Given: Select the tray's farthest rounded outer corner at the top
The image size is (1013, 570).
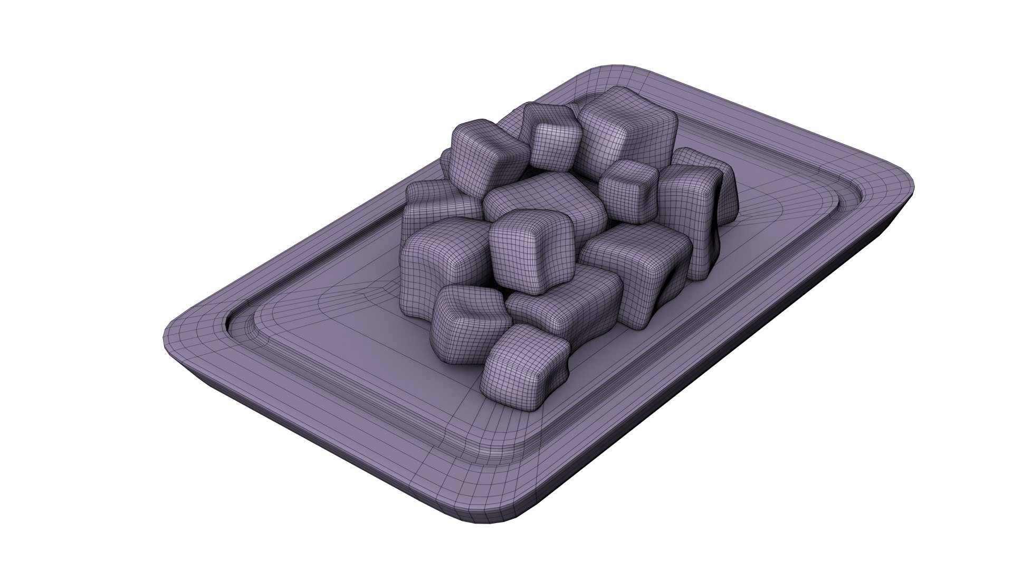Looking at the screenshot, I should coord(607,71).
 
